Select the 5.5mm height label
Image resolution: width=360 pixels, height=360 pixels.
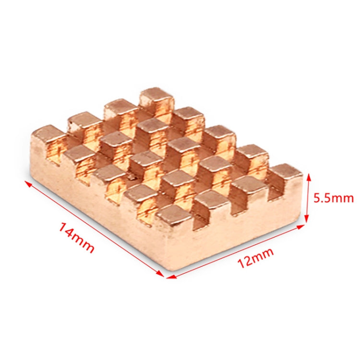[333, 197]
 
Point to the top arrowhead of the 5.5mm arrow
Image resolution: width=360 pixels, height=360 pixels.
[308, 175]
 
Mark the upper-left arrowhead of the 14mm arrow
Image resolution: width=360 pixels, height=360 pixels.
[25, 181]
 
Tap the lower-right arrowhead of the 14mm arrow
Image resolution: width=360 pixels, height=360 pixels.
[163, 276]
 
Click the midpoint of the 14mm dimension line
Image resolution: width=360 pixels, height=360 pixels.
[94, 228]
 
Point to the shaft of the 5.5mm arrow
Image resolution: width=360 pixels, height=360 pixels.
[308, 198]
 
